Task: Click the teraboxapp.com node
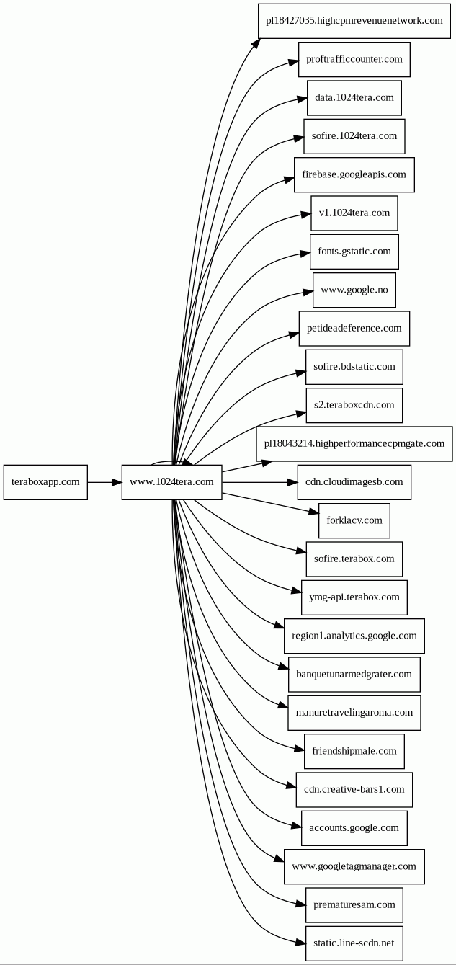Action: pos(45,482)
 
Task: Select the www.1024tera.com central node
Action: pos(171,482)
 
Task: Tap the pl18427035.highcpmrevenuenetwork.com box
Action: pos(354,21)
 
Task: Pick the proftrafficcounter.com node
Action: pos(354,59)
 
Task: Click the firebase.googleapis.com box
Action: pos(354,174)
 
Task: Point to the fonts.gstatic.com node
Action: pos(354,252)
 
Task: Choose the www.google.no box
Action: pos(354,290)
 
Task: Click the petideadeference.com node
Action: pos(354,328)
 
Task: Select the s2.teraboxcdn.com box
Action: pos(354,405)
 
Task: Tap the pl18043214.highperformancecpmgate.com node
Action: pos(354,444)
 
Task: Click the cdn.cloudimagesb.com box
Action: pos(354,482)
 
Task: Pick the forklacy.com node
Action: pos(354,520)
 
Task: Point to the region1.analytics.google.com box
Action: pos(354,636)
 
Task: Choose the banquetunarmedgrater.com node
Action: pos(354,675)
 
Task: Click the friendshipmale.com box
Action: pos(354,752)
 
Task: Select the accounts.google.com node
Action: pos(354,828)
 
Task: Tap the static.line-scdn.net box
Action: pos(354,943)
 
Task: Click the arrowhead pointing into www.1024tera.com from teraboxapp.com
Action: pos(117,482)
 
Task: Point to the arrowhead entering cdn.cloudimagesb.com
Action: pos(292,482)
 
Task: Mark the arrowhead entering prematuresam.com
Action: pos(300,904)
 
